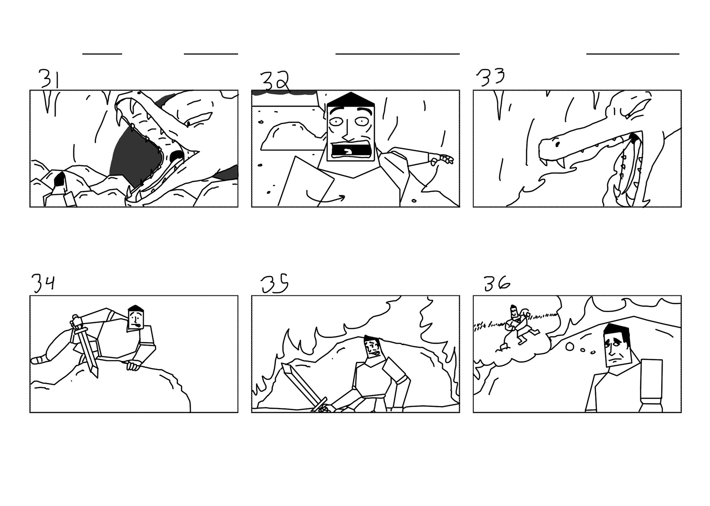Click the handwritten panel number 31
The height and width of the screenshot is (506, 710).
click(x=49, y=78)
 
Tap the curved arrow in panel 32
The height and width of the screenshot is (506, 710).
click(x=325, y=198)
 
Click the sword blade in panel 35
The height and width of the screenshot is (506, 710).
click(x=300, y=383)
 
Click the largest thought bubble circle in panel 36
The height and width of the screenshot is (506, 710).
click(x=570, y=346)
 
